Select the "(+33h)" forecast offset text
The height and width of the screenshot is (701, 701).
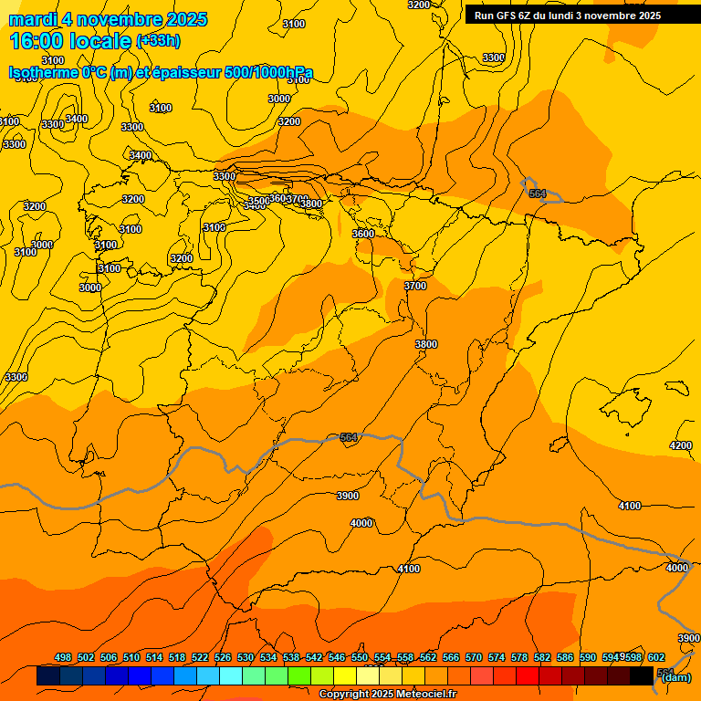tap(158, 41)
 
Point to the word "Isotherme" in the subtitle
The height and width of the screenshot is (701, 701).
tap(42, 73)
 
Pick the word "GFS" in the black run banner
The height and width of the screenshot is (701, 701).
tap(507, 16)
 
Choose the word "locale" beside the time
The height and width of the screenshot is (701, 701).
tap(105, 41)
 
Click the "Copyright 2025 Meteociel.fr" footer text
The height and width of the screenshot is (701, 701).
tap(387, 695)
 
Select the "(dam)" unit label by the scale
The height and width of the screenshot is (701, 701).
tap(675, 677)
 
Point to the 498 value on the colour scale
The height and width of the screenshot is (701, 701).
tap(63, 658)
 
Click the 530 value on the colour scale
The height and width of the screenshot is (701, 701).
tap(246, 658)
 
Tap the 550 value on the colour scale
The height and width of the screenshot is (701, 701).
tap(360, 658)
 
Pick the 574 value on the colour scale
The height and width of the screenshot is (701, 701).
tap(497, 658)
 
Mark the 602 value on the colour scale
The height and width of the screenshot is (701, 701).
tap(656, 658)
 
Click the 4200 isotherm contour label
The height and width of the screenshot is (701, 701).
tap(680, 445)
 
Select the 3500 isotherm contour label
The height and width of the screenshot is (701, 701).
tap(259, 201)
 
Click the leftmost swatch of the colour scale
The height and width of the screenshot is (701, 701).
tap(48, 676)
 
